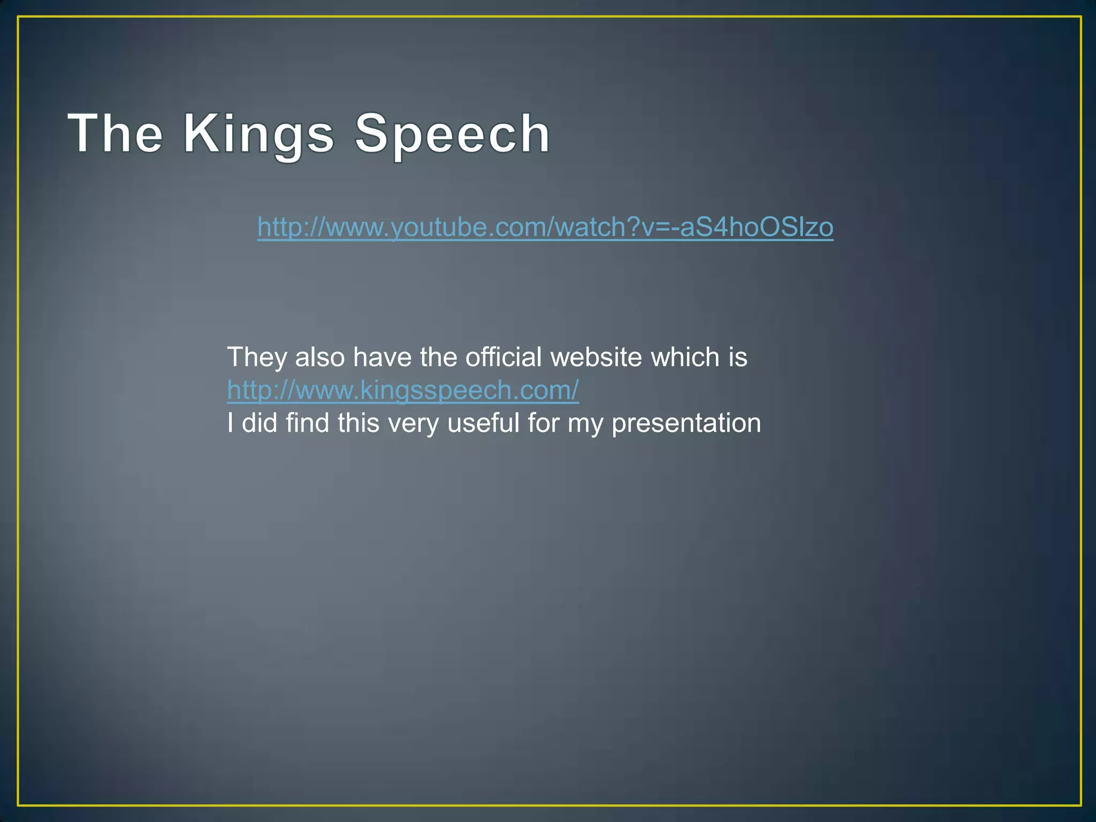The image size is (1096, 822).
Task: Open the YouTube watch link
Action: click(545, 227)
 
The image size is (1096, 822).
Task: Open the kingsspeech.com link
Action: click(402, 390)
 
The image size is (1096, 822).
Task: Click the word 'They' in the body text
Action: click(257, 357)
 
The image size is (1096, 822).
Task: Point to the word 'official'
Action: click(504, 357)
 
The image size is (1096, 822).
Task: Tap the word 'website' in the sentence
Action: click(596, 357)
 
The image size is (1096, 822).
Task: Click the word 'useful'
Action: click(483, 423)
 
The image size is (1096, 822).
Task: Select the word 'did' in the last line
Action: click(259, 423)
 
